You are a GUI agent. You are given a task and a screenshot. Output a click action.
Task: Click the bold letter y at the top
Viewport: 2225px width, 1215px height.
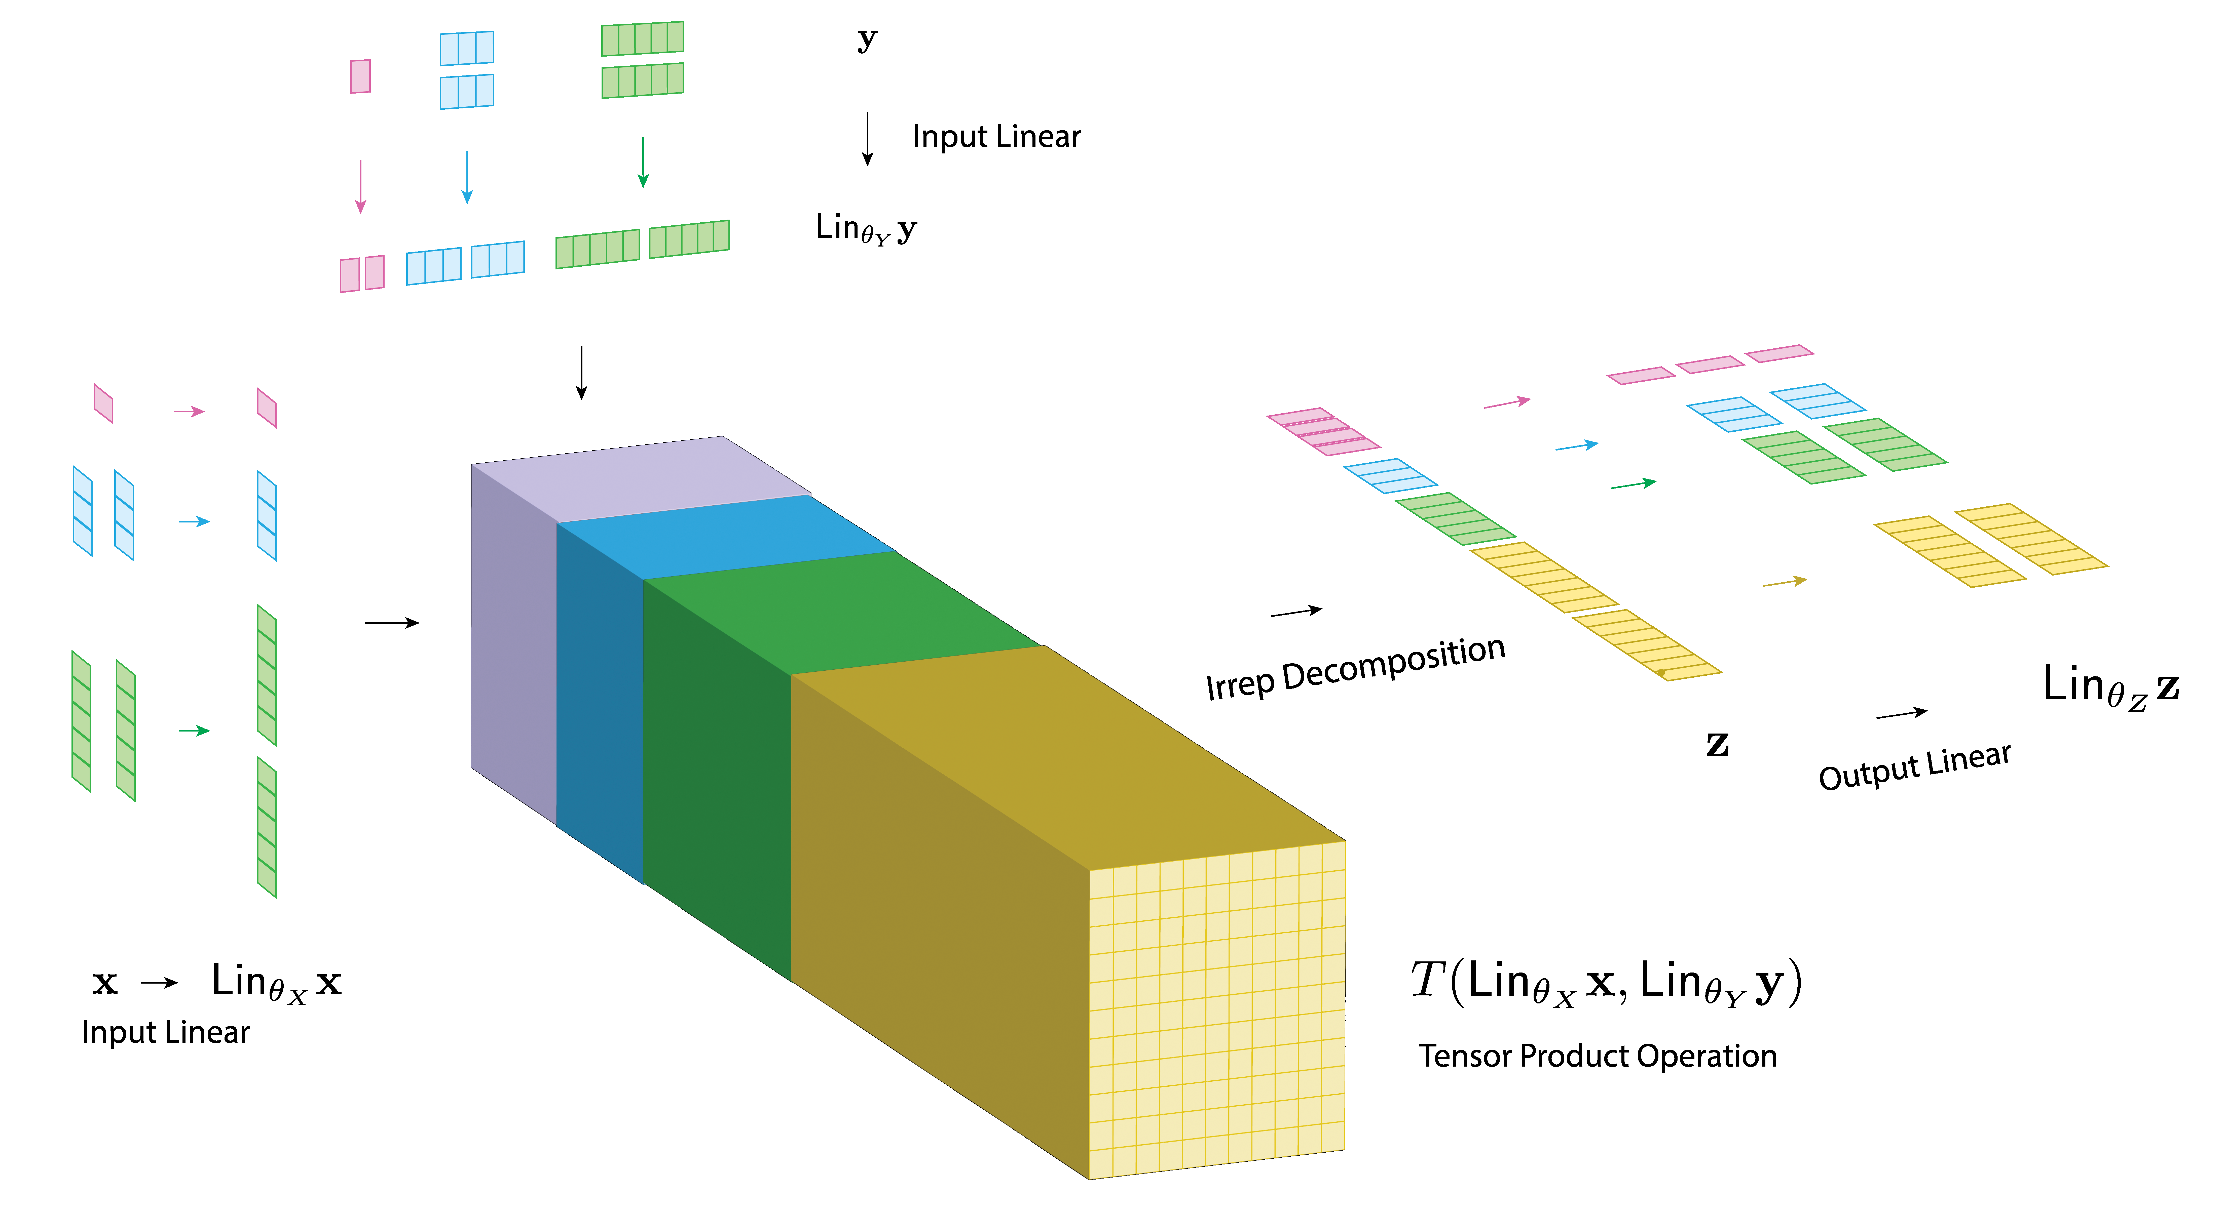867,39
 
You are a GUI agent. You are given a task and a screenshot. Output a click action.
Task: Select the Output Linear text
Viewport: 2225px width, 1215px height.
1914,766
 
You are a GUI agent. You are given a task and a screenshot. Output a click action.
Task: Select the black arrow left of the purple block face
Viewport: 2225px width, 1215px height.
391,623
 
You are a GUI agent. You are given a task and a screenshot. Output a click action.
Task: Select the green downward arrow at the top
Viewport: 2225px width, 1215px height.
643,162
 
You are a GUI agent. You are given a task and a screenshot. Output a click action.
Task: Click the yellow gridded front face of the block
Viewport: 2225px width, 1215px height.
1216,1010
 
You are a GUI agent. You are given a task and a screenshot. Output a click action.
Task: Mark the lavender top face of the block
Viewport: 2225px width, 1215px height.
639,479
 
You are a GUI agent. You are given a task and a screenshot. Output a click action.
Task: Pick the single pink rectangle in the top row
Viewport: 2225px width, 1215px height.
360,76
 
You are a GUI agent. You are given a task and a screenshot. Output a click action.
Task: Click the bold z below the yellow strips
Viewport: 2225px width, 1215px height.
1717,744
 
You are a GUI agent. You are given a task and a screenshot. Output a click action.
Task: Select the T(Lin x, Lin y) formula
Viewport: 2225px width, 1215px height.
1607,982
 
